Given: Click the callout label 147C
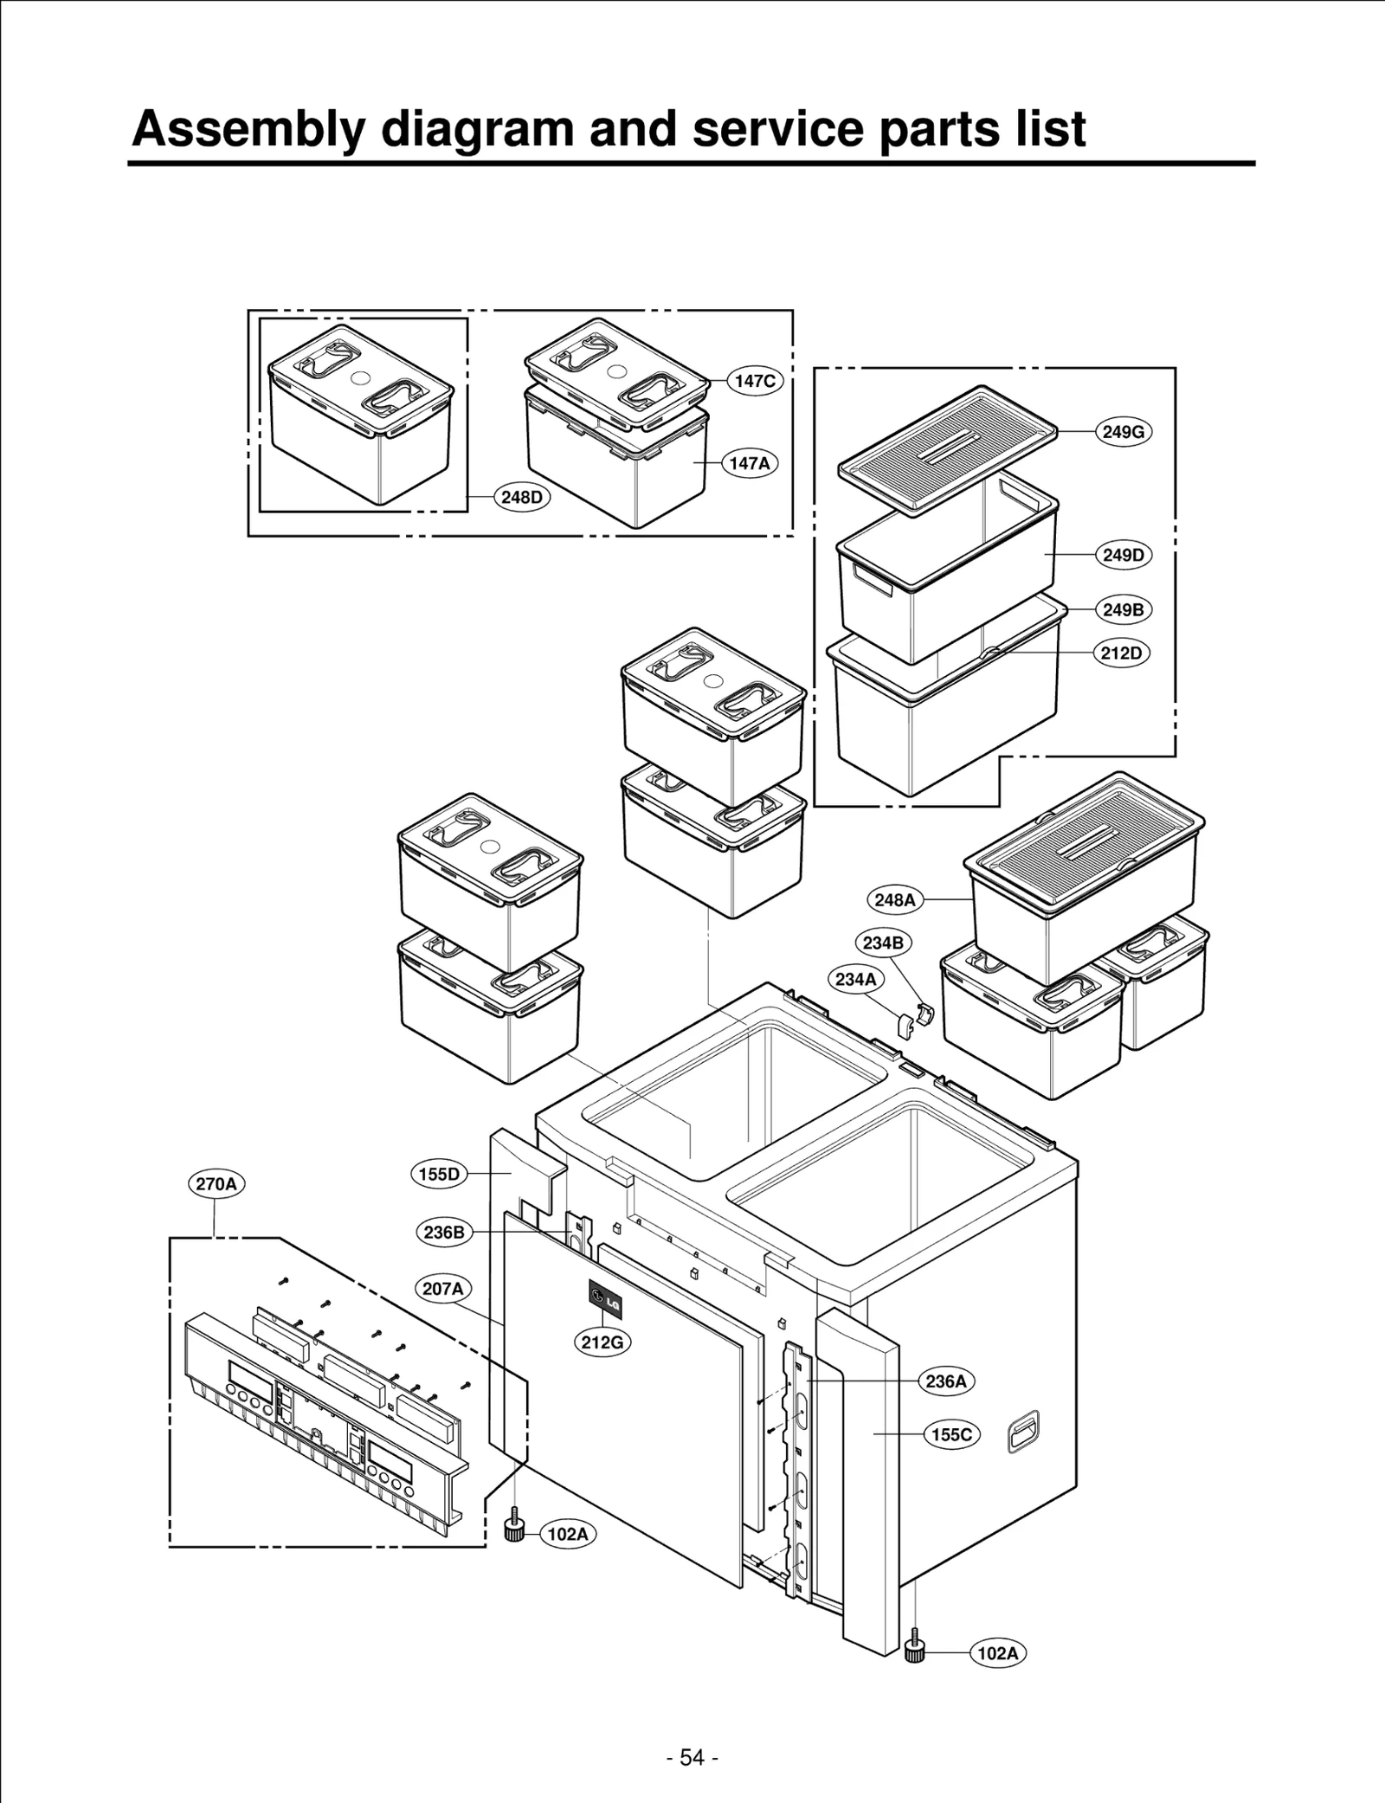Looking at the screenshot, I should click(x=755, y=381).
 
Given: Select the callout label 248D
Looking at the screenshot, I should click(x=523, y=498).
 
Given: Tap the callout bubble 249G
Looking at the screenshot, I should click(x=1124, y=432).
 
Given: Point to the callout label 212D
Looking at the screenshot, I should click(x=1122, y=654).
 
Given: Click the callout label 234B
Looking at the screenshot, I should click(x=883, y=943).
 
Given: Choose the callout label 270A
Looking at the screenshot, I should click(x=216, y=1184).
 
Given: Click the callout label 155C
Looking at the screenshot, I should click(x=952, y=1434).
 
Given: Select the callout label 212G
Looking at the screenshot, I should click(x=602, y=1343).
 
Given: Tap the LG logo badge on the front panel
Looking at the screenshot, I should click(x=605, y=1301).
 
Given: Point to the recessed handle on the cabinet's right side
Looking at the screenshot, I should click(x=1023, y=1432).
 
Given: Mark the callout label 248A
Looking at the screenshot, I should click(x=894, y=900).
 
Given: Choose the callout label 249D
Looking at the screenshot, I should click(x=1124, y=555).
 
